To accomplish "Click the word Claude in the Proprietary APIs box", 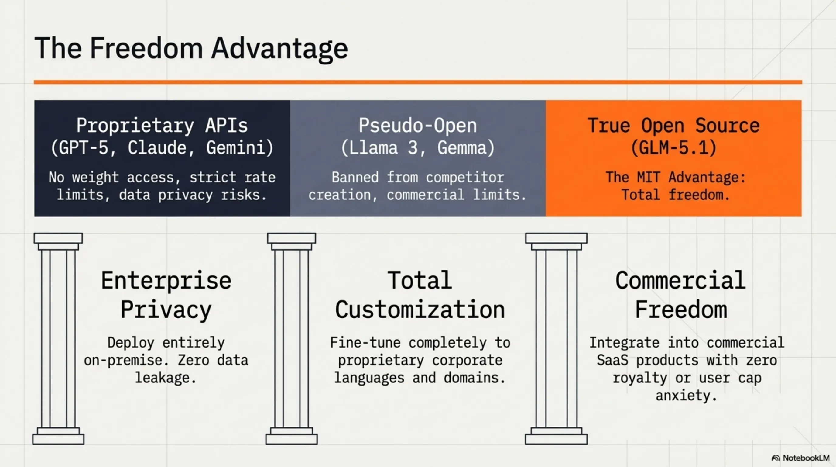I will [x=157, y=148].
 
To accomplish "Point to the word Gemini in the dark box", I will [x=239, y=148].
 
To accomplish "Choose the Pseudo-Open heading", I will [x=418, y=126].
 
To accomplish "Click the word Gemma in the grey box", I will [x=466, y=148].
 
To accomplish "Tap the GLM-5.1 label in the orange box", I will [x=674, y=148].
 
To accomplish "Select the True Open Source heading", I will [x=674, y=126].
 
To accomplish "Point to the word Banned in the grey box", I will [x=355, y=178].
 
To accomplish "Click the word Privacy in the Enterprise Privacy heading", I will [x=166, y=310].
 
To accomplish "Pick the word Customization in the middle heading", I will [x=420, y=310].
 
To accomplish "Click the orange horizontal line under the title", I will [x=418, y=82].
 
